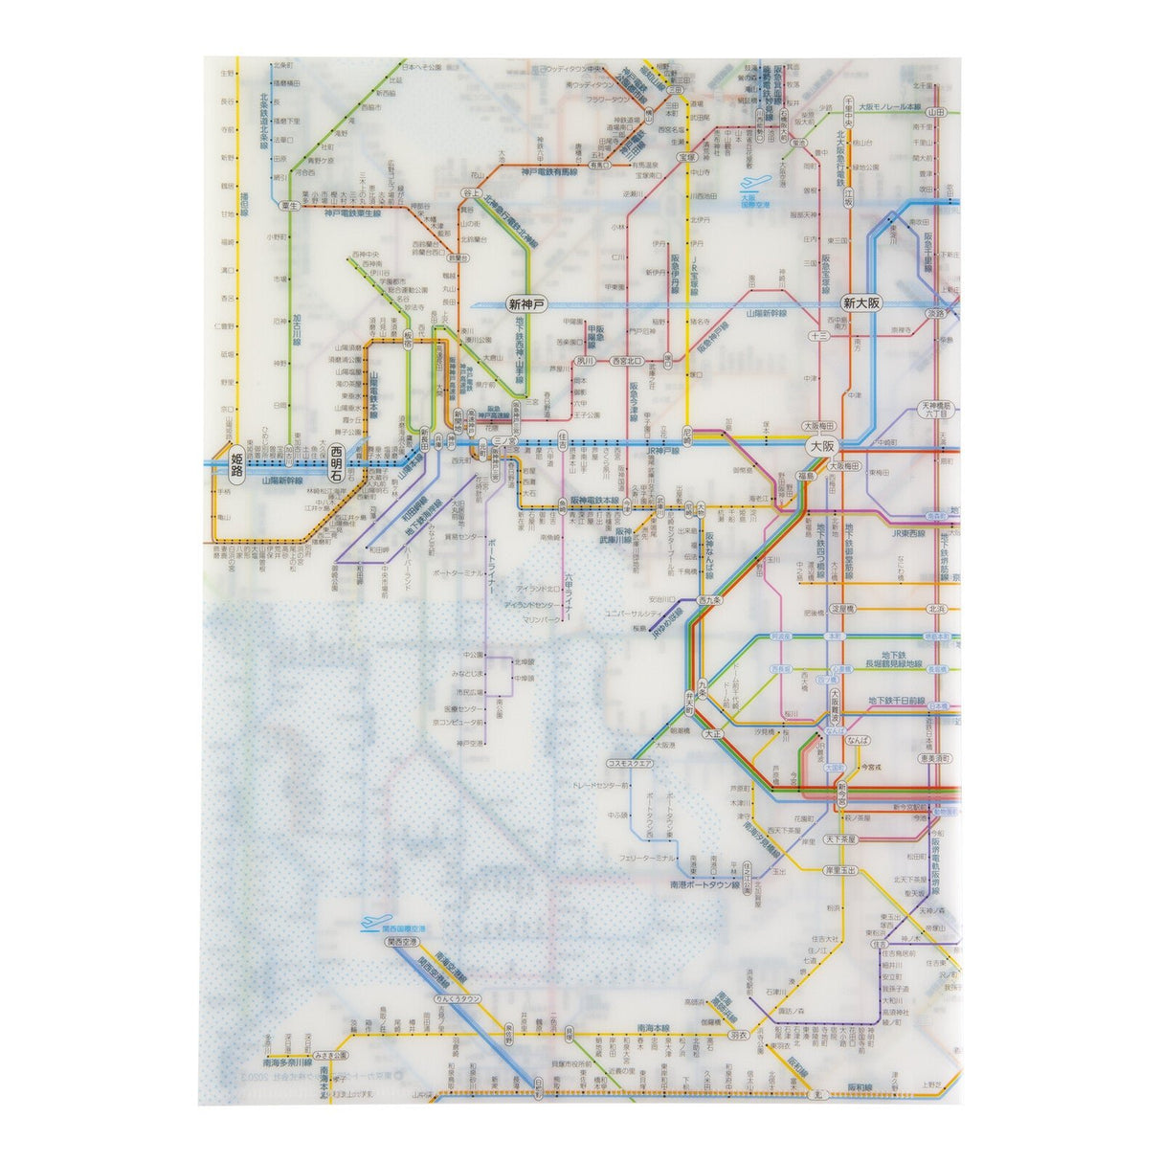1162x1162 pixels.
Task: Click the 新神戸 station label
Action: tap(525, 303)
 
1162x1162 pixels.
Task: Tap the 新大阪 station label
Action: tap(860, 303)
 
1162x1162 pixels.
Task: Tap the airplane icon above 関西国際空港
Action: tap(369, 925)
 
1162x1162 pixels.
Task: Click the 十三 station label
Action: tap(817, 336)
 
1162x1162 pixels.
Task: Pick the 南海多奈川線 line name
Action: tap(286, 1062)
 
